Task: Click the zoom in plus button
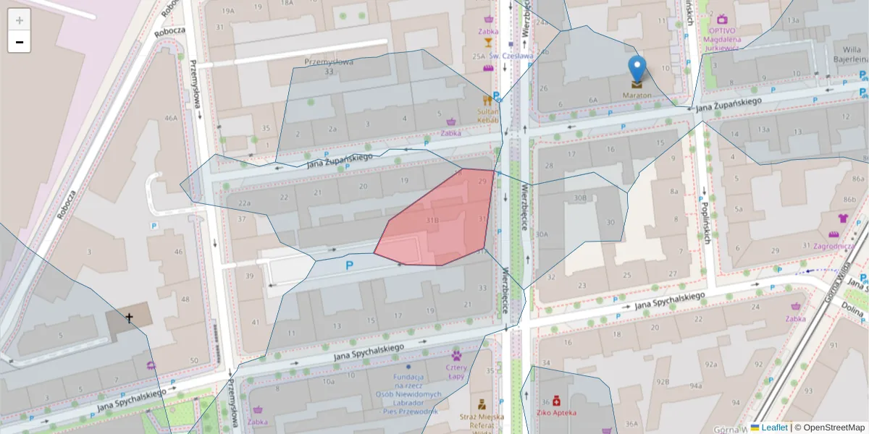click(20, 20)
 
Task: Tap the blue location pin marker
click(637, 69)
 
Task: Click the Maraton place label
click(636, 95)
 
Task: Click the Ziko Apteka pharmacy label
click(556, 412)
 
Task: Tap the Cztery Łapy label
click(456, 371)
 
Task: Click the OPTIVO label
click(722, 31)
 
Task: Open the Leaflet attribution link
click(773, 427)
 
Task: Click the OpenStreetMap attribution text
click(829, 427)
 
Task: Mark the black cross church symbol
click(130, 318)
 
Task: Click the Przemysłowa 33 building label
click(329, 67)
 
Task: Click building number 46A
click(171, 118)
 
